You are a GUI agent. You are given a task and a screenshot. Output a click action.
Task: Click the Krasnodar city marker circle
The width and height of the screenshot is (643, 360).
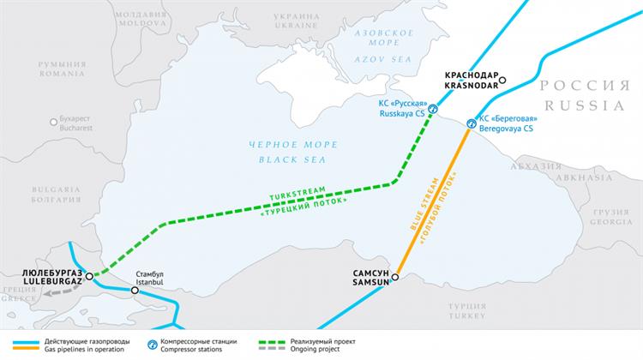click(503, 81)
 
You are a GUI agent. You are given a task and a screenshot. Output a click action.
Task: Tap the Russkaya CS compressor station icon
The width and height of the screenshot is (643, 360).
click(433, 109)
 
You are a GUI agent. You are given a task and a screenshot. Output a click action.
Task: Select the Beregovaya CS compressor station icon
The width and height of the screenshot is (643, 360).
click(471, 124)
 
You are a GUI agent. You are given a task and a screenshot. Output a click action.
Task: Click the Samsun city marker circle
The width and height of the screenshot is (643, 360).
click(396, 276)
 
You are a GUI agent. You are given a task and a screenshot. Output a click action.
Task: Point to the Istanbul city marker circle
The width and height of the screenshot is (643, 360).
click(135, 291)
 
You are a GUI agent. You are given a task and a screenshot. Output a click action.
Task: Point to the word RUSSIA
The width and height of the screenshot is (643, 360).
click(584, 107)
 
